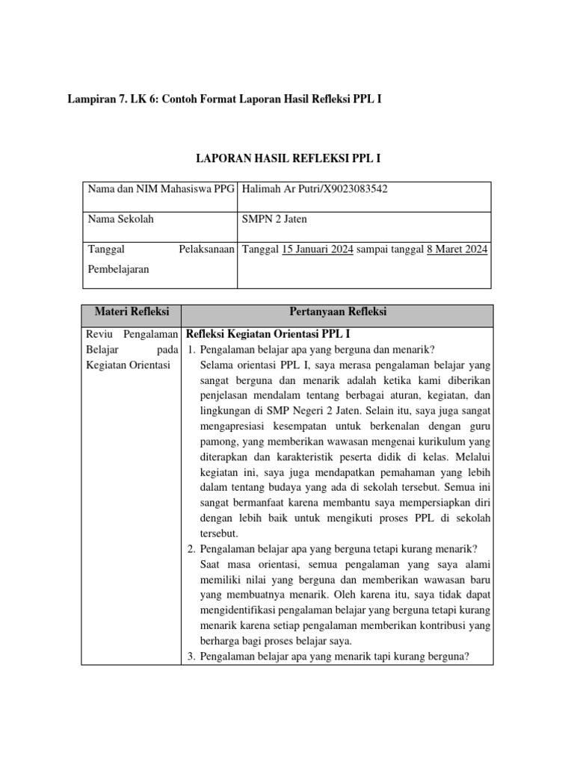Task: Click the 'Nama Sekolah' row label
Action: coord(121,219)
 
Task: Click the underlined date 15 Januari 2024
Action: coord(317,249)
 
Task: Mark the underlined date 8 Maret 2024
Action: coord(457,249)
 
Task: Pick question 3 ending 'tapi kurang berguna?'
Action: coord(334,657)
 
